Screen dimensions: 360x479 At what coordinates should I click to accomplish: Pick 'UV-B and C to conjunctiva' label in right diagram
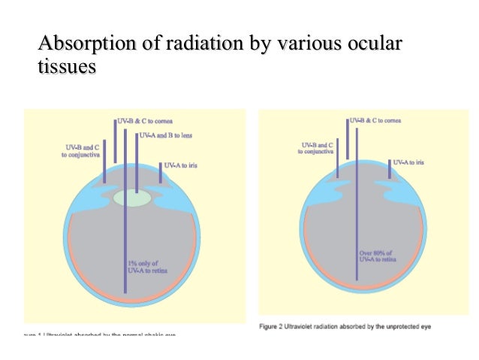[316, 148]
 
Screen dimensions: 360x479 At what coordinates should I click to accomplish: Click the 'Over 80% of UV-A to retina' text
[378, 257]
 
